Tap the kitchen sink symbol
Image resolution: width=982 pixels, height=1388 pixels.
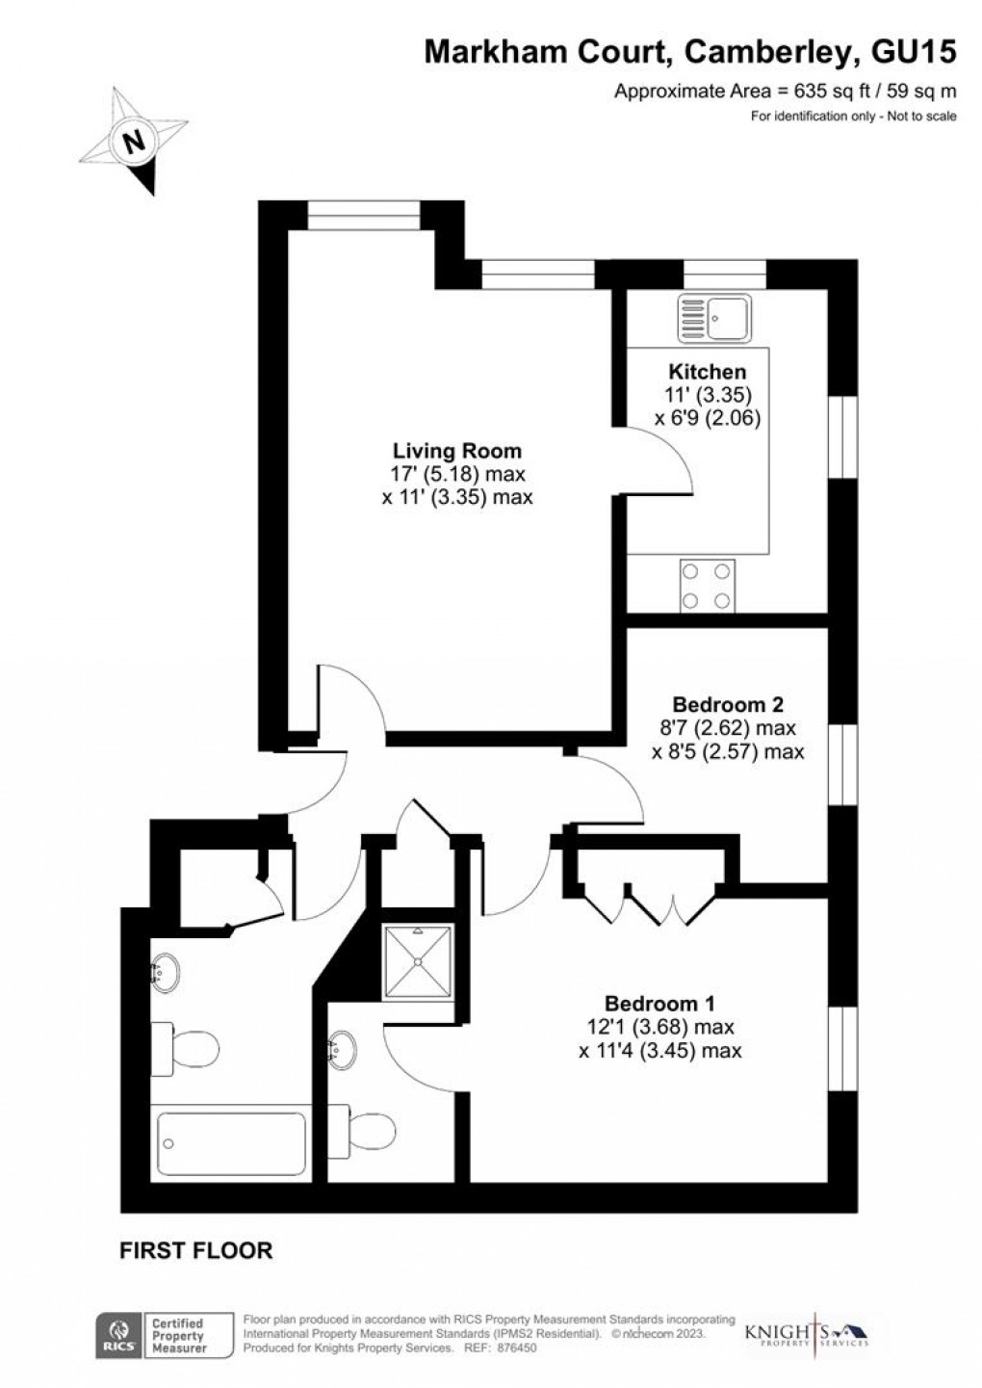click(714, 318)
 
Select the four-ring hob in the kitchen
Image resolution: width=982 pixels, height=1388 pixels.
click(707, 585)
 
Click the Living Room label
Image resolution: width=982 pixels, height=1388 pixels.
click(457, 451)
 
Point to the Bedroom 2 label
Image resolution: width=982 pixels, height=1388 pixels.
click(728, 704)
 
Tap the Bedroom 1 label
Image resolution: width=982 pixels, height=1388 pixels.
click(659, 1003)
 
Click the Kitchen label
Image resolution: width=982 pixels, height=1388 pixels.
click(707, 372)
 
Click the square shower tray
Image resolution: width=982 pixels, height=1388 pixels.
click(418, 961)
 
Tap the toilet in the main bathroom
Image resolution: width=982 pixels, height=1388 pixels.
click(185, 1050)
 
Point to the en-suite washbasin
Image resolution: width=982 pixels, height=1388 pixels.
click(343, 1050)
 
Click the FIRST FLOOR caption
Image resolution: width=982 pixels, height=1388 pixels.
click(195, 1250)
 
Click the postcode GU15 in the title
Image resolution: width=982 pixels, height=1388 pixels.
click(914, 52)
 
